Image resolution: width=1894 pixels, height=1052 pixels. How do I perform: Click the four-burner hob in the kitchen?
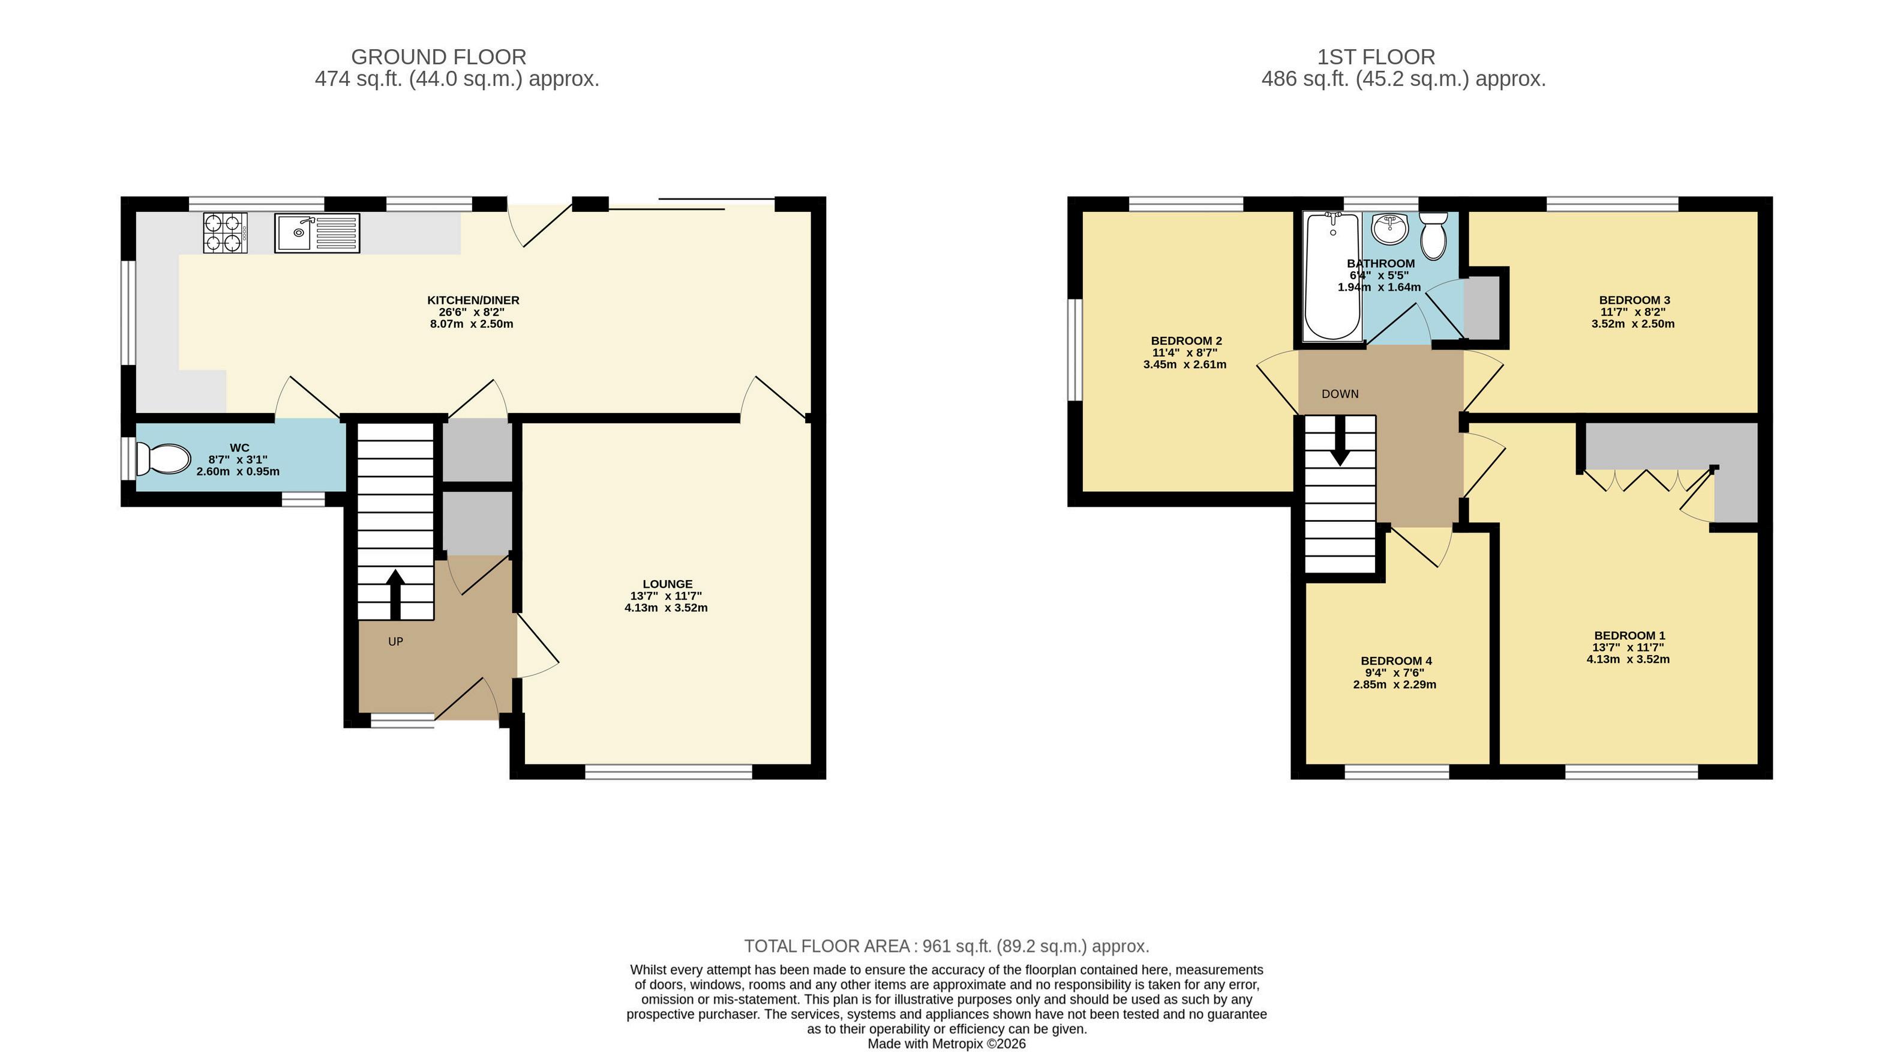pos(225,232)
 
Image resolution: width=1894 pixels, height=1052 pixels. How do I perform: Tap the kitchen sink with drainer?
pos(317,233)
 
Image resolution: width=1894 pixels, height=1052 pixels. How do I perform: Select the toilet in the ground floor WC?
pos(163,459)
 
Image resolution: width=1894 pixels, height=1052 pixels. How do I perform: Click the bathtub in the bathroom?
pos(1332,277)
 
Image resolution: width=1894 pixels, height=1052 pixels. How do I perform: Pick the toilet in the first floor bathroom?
pos(1434,235)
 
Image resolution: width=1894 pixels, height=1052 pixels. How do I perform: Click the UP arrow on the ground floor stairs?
pos(395,594)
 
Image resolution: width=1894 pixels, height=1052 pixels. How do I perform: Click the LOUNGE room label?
pos(668,584)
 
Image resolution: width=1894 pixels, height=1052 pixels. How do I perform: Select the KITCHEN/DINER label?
pos(473,300)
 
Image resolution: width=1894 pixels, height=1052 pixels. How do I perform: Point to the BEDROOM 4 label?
pos(1396,661)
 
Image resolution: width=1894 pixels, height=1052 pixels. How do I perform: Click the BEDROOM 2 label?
pos(1187,340)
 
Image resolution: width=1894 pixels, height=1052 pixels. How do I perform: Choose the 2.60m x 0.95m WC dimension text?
pos(238,471)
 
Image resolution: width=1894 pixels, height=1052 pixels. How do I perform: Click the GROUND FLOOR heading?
pos(439,56)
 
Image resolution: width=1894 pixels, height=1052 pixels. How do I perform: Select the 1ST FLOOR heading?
pos(1376,56)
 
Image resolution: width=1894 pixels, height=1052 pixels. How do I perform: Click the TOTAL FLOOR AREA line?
pos(946,946)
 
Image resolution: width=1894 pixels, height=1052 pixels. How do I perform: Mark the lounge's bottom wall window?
pos(669,772)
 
